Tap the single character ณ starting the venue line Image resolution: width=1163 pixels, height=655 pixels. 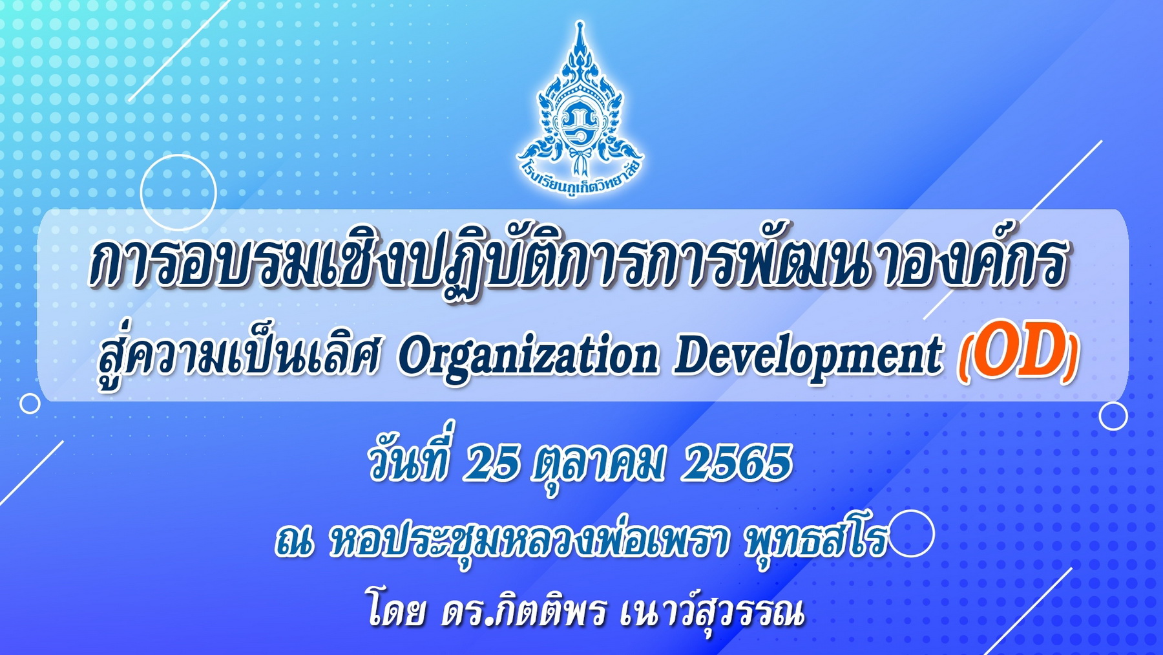[x=293, y=543]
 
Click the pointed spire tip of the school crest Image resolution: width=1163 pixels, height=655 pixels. [x=580, y=23]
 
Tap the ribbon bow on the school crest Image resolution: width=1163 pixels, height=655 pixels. [x=579, y=157]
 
